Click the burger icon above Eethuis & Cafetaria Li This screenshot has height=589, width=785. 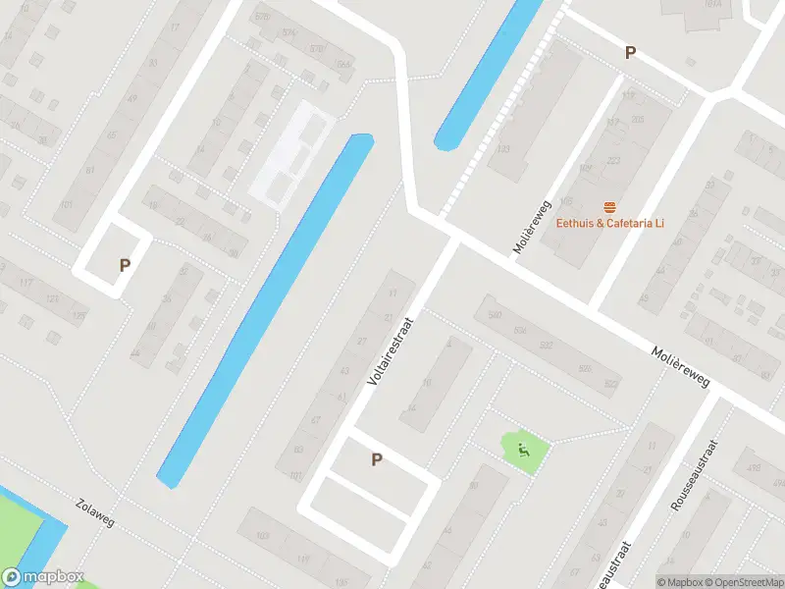610,206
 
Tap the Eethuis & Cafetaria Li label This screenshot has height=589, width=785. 610,223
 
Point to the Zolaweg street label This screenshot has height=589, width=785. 94,511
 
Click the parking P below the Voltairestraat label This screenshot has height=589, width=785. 376,458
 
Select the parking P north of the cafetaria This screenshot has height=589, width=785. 630,53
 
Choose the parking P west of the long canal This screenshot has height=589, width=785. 125,265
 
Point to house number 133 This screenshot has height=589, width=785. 503,150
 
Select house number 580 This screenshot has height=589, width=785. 495,315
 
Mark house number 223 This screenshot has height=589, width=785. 613,160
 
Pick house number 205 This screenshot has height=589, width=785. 638,120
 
